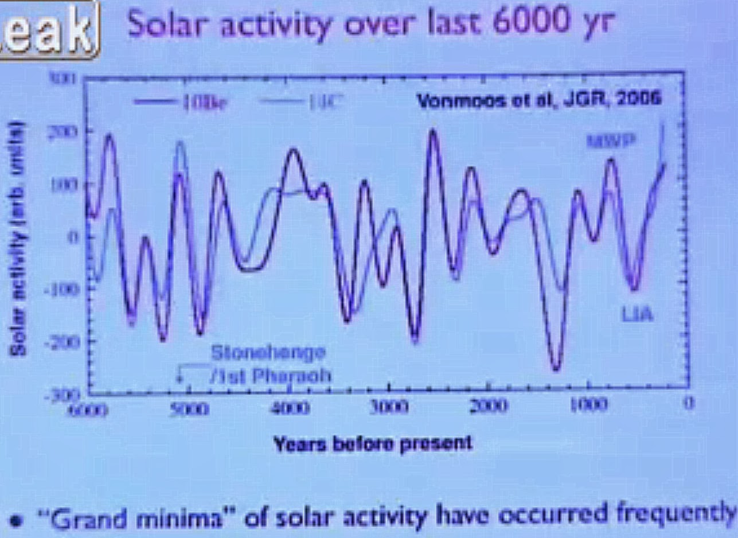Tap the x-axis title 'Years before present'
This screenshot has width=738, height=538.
pos(373,443)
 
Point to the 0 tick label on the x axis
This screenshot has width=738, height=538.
pos(689,403)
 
